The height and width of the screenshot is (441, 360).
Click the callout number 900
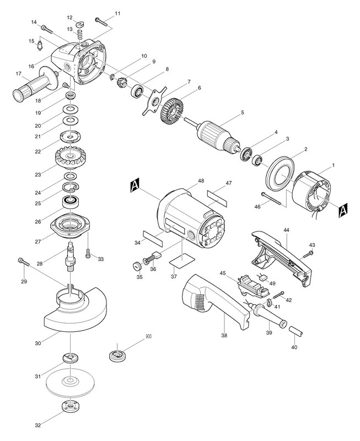(147, 335)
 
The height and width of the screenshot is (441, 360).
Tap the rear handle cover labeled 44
(281, 254)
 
